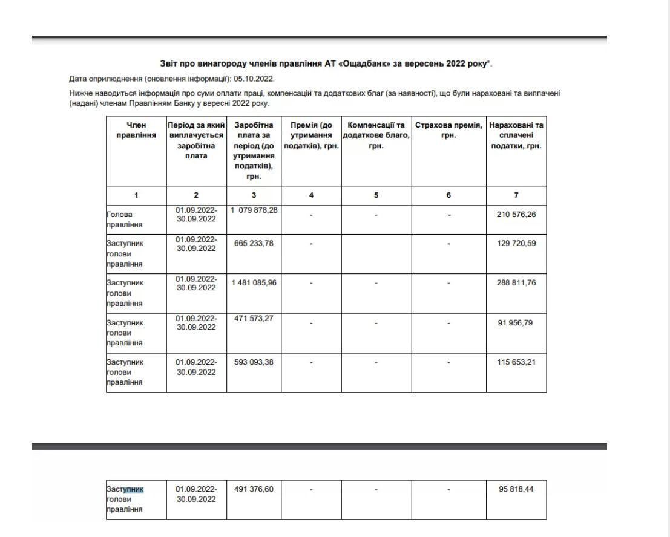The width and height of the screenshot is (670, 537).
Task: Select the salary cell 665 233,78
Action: point(254,243)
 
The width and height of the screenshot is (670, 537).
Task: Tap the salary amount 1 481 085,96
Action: point(254,282)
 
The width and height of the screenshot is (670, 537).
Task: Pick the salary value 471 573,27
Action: point(254,319)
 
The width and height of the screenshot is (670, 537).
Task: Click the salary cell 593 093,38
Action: point(254,362)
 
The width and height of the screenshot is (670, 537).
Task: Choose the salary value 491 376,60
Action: point(254,489)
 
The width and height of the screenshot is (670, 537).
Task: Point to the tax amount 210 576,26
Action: point(516,214)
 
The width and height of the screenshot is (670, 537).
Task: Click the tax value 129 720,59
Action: point(516,243)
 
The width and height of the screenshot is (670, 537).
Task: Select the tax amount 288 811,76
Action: point(516,282)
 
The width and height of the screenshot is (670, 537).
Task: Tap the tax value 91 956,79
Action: point(516,322)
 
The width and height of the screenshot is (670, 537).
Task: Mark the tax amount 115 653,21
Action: point(516,362)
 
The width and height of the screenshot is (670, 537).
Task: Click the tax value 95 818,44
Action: point(516,489)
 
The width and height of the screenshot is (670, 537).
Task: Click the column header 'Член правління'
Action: point(136,130)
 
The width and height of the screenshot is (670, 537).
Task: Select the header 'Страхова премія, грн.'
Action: point(448,130)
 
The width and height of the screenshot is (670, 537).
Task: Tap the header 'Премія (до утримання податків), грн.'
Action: point(311,135)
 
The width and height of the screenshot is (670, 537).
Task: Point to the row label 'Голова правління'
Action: point(125,220)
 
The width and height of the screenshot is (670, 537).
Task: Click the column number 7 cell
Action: point(516,195)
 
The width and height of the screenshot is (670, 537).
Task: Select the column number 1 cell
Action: point(136,195)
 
